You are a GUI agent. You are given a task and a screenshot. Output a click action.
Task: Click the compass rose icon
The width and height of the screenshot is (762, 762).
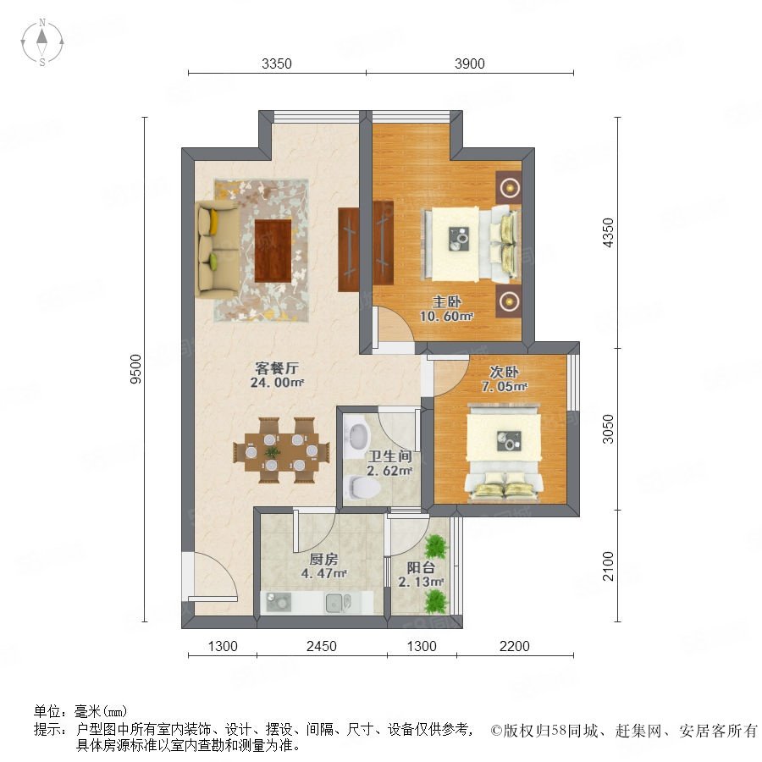tap(42, 42)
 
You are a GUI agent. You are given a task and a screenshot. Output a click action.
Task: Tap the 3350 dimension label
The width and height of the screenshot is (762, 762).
tap(277, 63)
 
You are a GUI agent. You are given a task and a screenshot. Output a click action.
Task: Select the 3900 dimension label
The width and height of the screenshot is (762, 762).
tap(469, 63)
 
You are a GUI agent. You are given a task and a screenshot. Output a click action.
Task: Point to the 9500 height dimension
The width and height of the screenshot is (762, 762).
tap(135, 369)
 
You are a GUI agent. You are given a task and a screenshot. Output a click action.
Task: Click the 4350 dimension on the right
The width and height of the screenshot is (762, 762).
tap(608, 233)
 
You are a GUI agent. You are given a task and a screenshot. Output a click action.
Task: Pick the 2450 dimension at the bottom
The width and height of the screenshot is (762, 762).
tap(322, 646)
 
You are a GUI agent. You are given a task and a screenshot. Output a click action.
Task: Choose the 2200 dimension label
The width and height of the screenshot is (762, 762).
tap(515, 646)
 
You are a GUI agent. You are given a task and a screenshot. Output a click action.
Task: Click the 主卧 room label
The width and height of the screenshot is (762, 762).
tap(446, 301)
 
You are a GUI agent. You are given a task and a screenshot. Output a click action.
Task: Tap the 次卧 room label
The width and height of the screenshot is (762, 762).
tap(504, 373)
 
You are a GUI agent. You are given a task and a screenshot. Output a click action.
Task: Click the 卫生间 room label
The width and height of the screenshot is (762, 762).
tap(389, 456)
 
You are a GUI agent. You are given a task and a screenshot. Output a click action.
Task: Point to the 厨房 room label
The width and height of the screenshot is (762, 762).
tap(323, 560)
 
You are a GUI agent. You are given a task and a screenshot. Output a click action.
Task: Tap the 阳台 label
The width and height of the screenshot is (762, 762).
tap(421, 567)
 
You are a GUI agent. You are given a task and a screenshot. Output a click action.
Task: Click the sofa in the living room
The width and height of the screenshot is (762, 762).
tap(218, 249)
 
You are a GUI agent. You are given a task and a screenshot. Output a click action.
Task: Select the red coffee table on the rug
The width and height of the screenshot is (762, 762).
tap(273, 251)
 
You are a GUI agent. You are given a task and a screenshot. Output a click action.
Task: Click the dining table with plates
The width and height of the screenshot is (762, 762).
tap(281, 451)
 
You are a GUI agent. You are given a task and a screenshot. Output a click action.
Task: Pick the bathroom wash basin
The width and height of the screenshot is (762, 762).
tap(357, 434)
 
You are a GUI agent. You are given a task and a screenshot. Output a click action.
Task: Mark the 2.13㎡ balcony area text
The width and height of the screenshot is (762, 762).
tap(421, 582)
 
